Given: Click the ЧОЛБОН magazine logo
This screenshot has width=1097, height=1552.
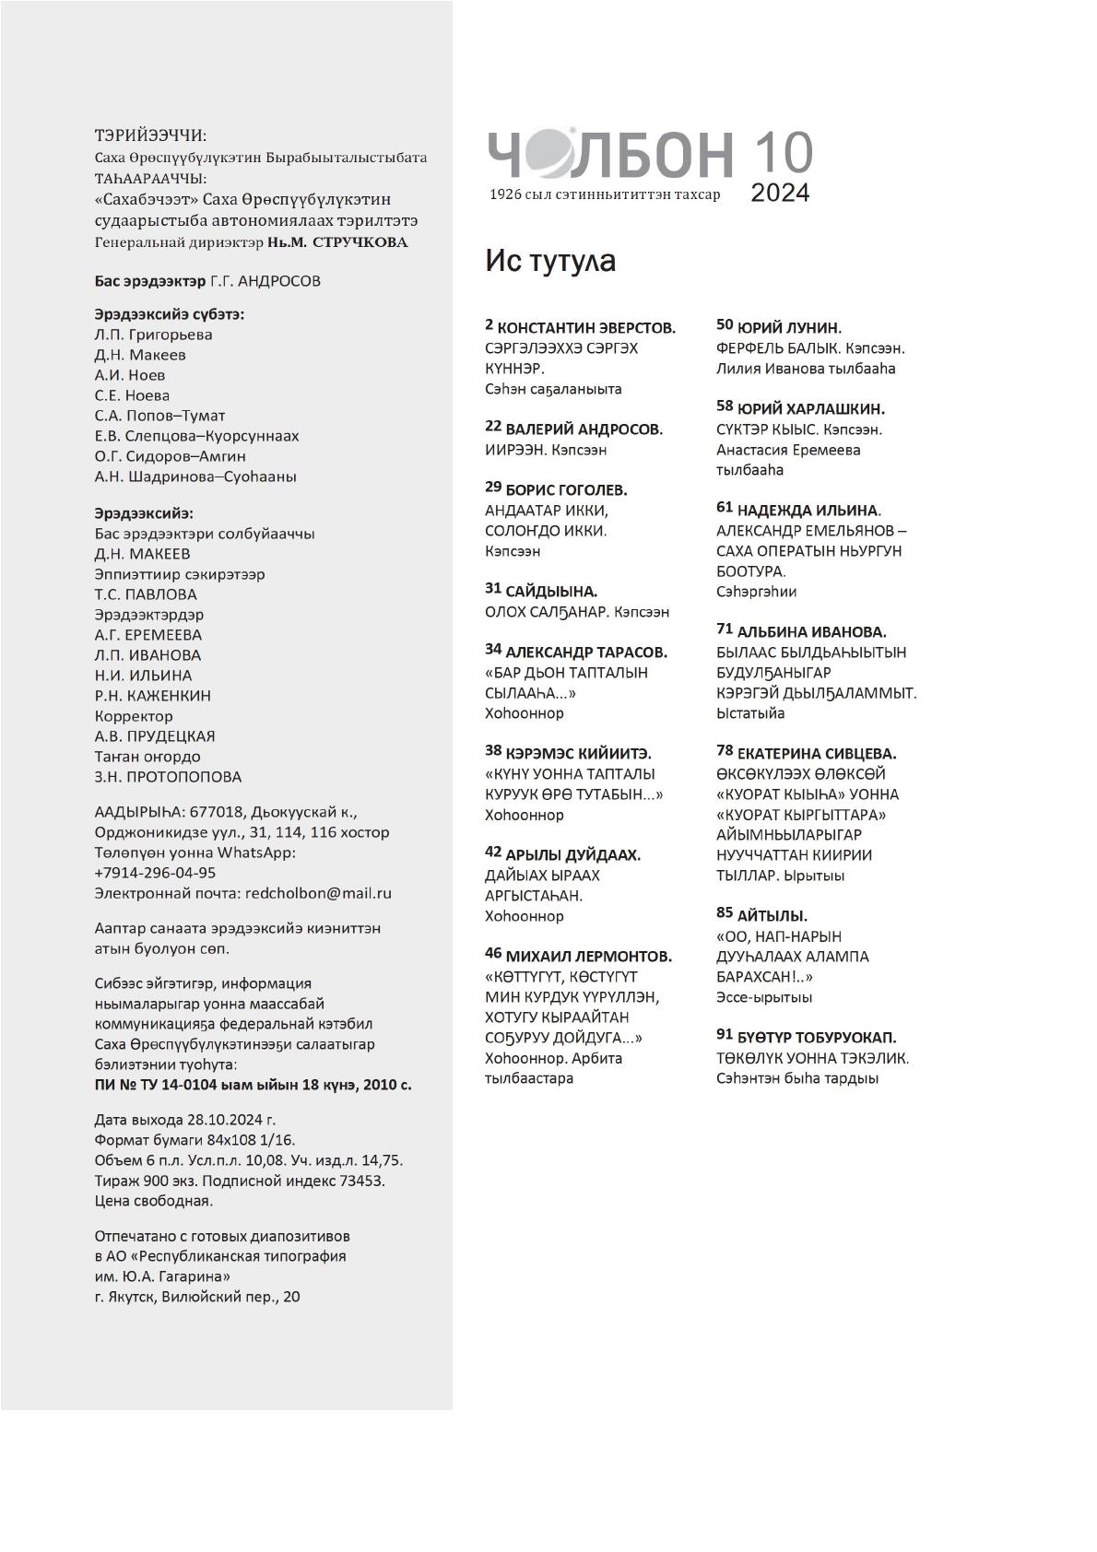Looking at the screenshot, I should point(609,154).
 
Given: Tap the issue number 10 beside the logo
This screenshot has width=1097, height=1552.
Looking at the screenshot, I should point(783,153).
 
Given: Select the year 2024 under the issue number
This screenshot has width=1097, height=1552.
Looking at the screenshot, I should point(780,193).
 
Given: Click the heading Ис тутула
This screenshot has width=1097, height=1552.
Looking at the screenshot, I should point(550,262).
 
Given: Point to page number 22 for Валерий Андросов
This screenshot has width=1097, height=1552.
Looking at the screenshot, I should point(493,427).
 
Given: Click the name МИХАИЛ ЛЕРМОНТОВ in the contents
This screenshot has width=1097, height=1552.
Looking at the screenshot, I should point(588,957).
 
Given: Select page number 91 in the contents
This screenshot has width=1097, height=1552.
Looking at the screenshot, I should point(724,1036).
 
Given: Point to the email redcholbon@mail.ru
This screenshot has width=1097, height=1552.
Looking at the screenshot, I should point(318,893).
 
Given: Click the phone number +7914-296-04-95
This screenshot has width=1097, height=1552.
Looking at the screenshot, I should point(155,873).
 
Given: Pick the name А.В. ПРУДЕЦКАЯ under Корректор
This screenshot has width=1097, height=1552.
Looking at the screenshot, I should point(155,736).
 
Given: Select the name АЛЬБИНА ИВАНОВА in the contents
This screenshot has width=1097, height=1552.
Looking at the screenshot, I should point(811,632).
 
